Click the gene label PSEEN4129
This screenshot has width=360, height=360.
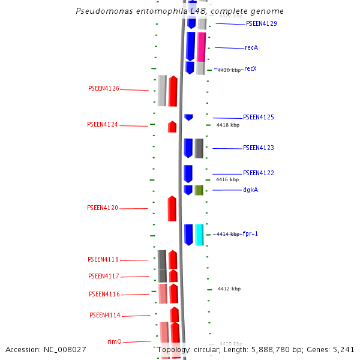[261, 24]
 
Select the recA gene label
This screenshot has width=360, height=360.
[251, 48]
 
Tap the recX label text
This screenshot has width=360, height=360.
[250, 69]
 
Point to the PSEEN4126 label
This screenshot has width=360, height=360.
[104, 89]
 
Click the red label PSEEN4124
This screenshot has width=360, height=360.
[103, 125]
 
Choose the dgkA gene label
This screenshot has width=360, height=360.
[250, 190]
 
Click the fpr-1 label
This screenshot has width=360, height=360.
[250, 234]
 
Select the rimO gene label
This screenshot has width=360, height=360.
[115, 341]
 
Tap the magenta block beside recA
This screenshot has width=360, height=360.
[201, 46]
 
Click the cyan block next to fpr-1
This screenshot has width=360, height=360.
[199, 234]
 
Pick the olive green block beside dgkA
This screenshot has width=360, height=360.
[199, 190]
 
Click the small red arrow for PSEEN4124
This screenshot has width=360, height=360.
[172, 127]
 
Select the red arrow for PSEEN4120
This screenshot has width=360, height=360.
[172, 209]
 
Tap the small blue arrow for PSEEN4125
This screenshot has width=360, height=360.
[188, 117]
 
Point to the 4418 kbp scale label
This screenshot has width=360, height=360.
[228, 125]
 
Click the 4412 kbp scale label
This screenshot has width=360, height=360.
[229, 289]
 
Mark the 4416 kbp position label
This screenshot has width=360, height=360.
[227, 179]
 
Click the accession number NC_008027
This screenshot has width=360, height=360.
[66, 349]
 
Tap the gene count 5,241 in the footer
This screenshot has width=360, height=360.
[343, 349]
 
